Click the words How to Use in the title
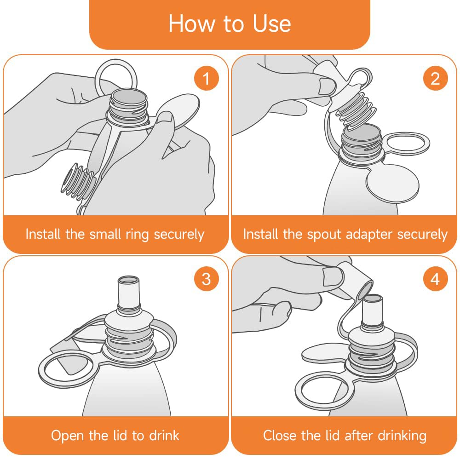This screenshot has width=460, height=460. tap(230, 23)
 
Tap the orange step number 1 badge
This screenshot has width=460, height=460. tap(207, 78)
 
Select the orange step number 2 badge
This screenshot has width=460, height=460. tap(435, 78)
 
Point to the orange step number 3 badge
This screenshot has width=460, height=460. tap(207, 279)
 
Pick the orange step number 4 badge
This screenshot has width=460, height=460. tap(435, 279)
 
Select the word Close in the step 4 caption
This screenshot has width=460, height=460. tap(280, 435)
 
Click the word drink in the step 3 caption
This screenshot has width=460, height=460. tap(164, 435)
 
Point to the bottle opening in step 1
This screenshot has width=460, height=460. tap(129, 99)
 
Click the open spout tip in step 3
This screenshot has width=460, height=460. tap(128, 281)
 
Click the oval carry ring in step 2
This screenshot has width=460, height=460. tap(408, 144)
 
